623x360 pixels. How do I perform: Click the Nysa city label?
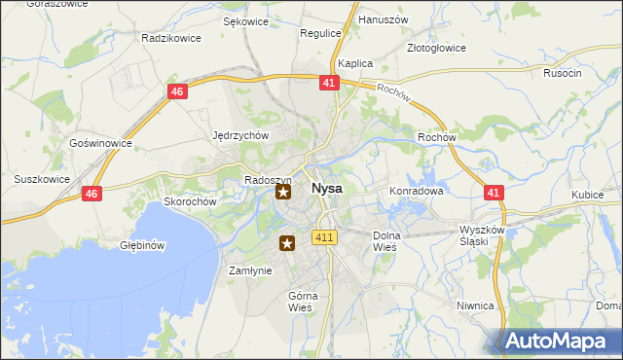click(326, 188)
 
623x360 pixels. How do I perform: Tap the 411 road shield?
click(325, 237)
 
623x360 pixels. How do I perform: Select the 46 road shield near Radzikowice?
click(176, 91)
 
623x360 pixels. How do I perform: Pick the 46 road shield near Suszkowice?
click(92, 194)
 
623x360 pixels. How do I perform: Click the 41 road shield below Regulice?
click(328, 84)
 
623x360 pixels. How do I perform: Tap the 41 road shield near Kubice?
click(495, 194)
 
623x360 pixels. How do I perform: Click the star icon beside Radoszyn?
click(283, 192)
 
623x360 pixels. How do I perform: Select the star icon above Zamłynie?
click(287, 243)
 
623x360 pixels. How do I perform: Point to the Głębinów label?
click(141, 245)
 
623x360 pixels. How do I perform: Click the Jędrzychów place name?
click(240, 136)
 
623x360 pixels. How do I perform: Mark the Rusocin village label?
click(563, 73)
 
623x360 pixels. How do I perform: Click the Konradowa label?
click(417, 192)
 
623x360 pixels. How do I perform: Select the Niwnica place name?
click(475, 306)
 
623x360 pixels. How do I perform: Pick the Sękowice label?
click(245, 20)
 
